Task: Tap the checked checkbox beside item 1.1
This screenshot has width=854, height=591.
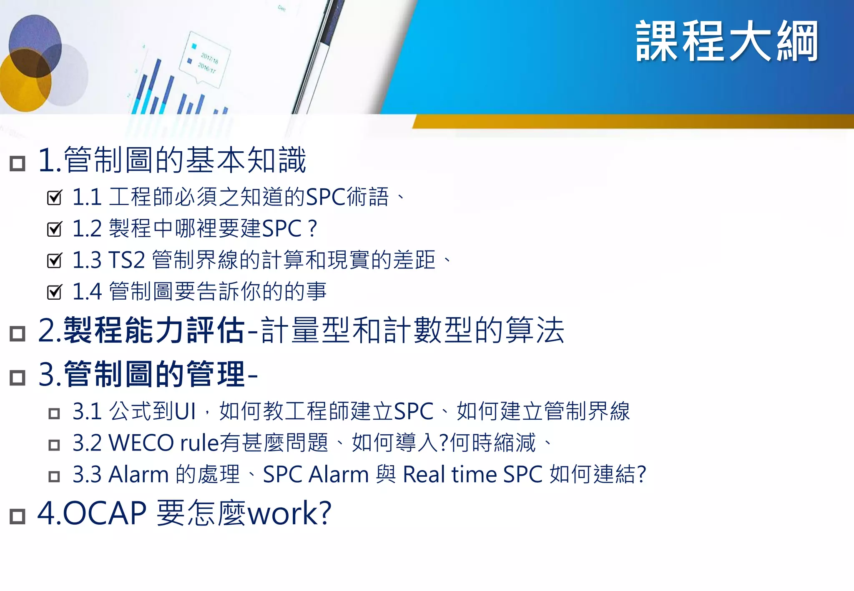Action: point(54,197)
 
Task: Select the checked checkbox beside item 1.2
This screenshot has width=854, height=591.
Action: point(54,229)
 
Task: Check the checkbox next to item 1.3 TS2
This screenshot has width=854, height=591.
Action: point(54,260)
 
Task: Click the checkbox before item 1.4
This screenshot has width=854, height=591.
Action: point(54,292)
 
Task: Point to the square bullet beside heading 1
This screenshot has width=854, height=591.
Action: point(18,163)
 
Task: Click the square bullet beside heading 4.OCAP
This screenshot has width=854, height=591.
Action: point(18,516)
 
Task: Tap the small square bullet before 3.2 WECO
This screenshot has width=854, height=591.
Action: point(54,445)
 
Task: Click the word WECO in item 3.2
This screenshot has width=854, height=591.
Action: point(141,443)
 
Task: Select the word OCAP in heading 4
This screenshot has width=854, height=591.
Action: point(104,513)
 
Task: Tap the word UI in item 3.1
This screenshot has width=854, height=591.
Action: point(185,412)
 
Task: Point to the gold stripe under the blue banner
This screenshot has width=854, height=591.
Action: point(625,121)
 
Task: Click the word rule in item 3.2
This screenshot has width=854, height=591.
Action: point(199,443)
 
